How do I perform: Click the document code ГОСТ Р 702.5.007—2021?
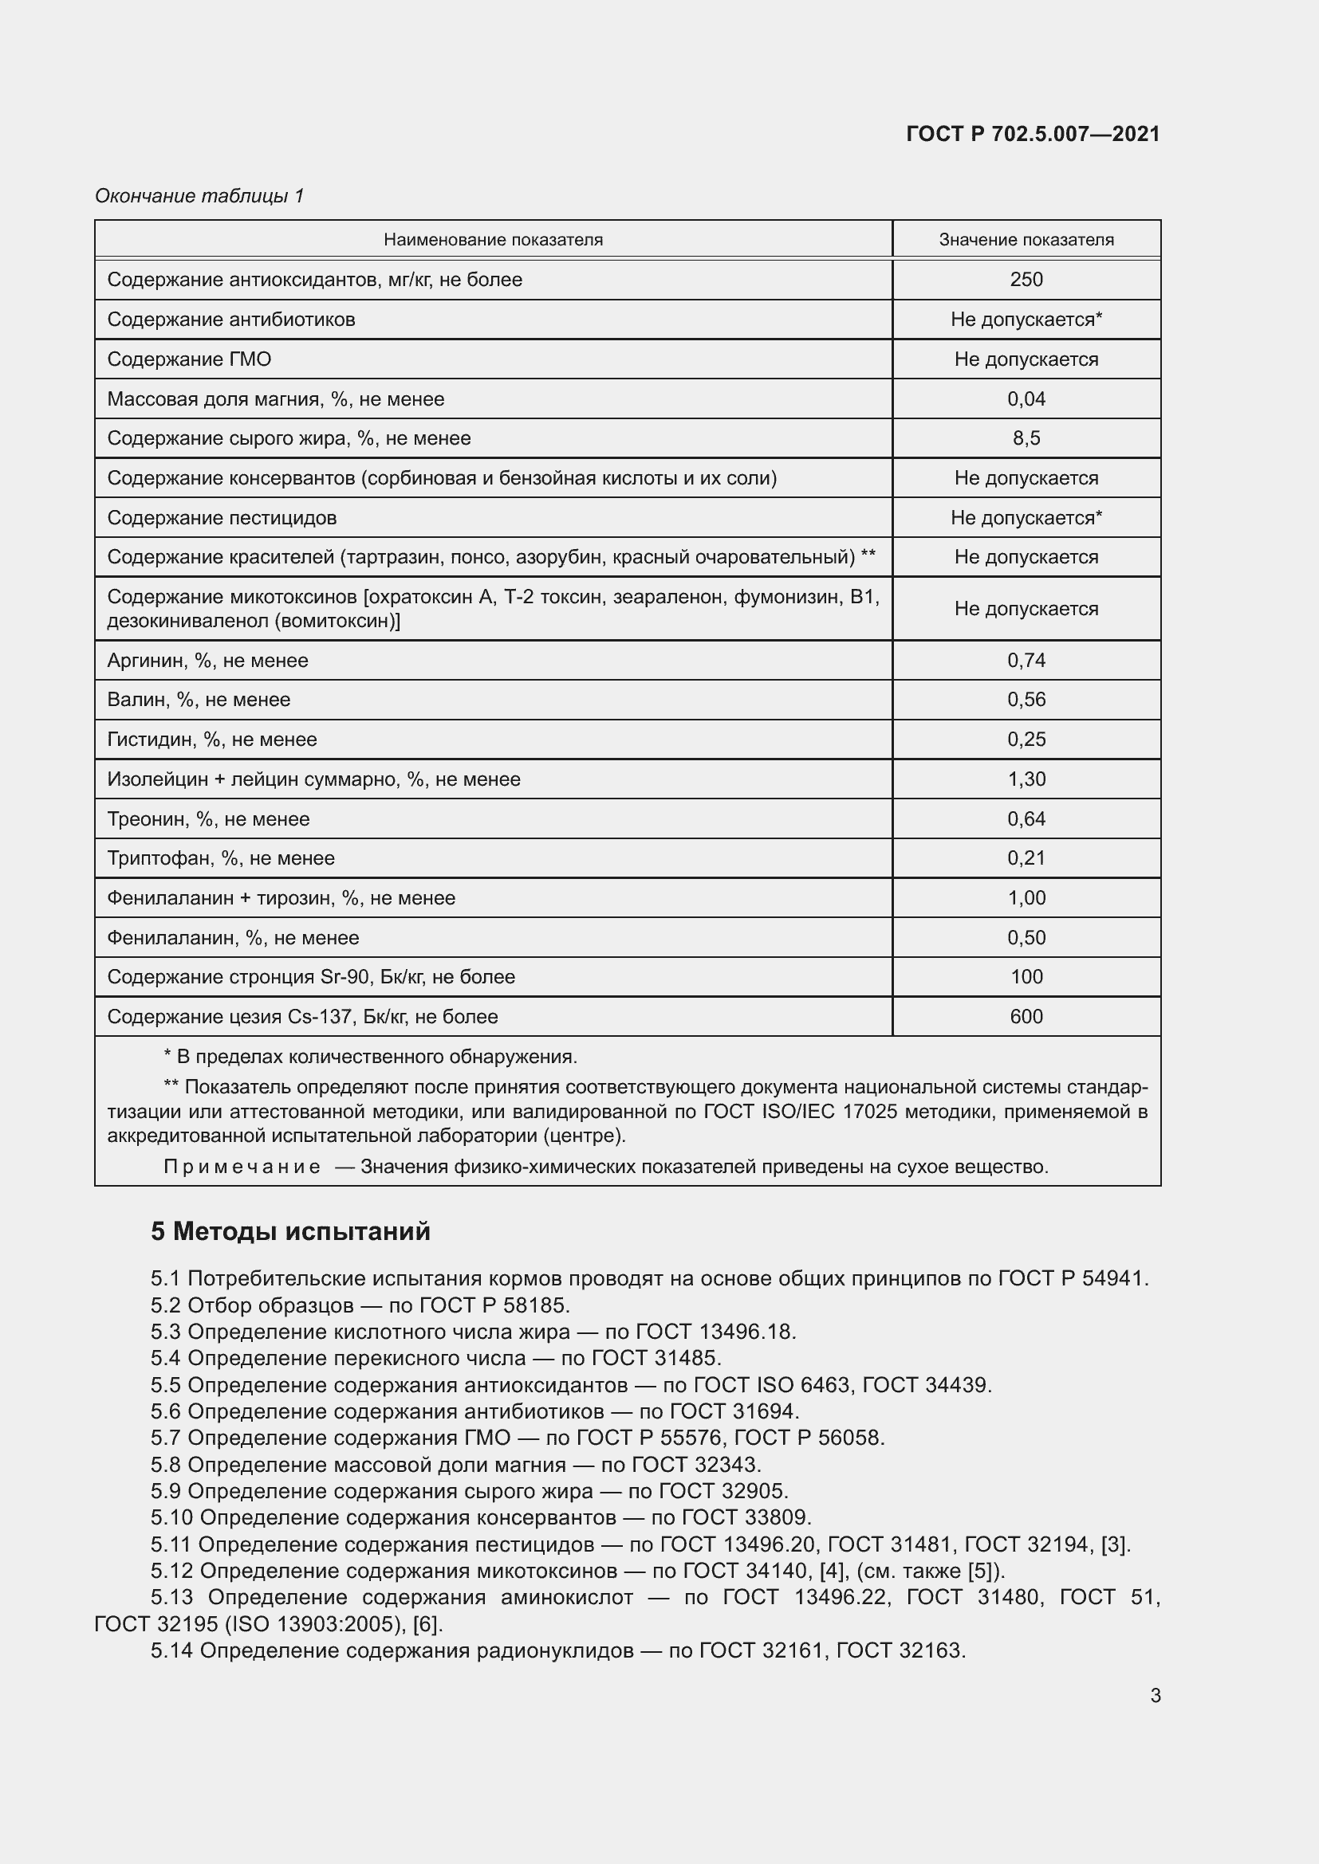(x=1032, y=134)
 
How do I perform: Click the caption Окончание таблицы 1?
(x=199, y=196)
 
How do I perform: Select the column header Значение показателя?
(x=1026, y=240)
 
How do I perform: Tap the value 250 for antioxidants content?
(x=1026, y=279)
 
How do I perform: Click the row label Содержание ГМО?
(x=189, y=359)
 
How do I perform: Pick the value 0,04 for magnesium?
(x=1026, y=398)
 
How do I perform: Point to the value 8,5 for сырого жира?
(x=1026, y=438)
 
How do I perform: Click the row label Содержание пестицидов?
(x=222, y=518)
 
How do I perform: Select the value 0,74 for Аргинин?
(x=1026, y=660)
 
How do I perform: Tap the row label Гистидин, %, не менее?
(x=212, y=740)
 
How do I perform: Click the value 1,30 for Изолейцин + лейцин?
(x=1026, y=779)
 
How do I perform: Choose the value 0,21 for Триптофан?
(x=1026, y=858)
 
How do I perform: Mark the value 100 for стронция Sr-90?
(x=1026, y=977)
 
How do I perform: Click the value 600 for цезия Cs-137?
(x=1026, y=1016)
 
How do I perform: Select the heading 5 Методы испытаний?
(x=290, y=1231)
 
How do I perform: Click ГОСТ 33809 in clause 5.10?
(x=746, y=1517)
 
